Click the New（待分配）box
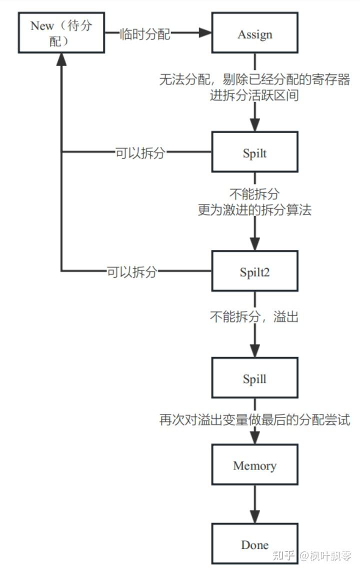[61, 33]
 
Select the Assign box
[254, 33]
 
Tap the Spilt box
[254, 152]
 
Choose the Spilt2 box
[254, 271]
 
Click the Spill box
[254, 378]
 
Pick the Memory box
[254, 465]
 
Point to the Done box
[254, 544]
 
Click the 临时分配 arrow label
[145, 33]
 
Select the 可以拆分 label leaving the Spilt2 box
[132, 271]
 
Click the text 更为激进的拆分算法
[254, 209]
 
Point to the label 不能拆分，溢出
[254, 316]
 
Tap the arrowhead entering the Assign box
[205, 33]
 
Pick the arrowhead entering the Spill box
[255, 350]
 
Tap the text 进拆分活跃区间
[254, 95]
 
